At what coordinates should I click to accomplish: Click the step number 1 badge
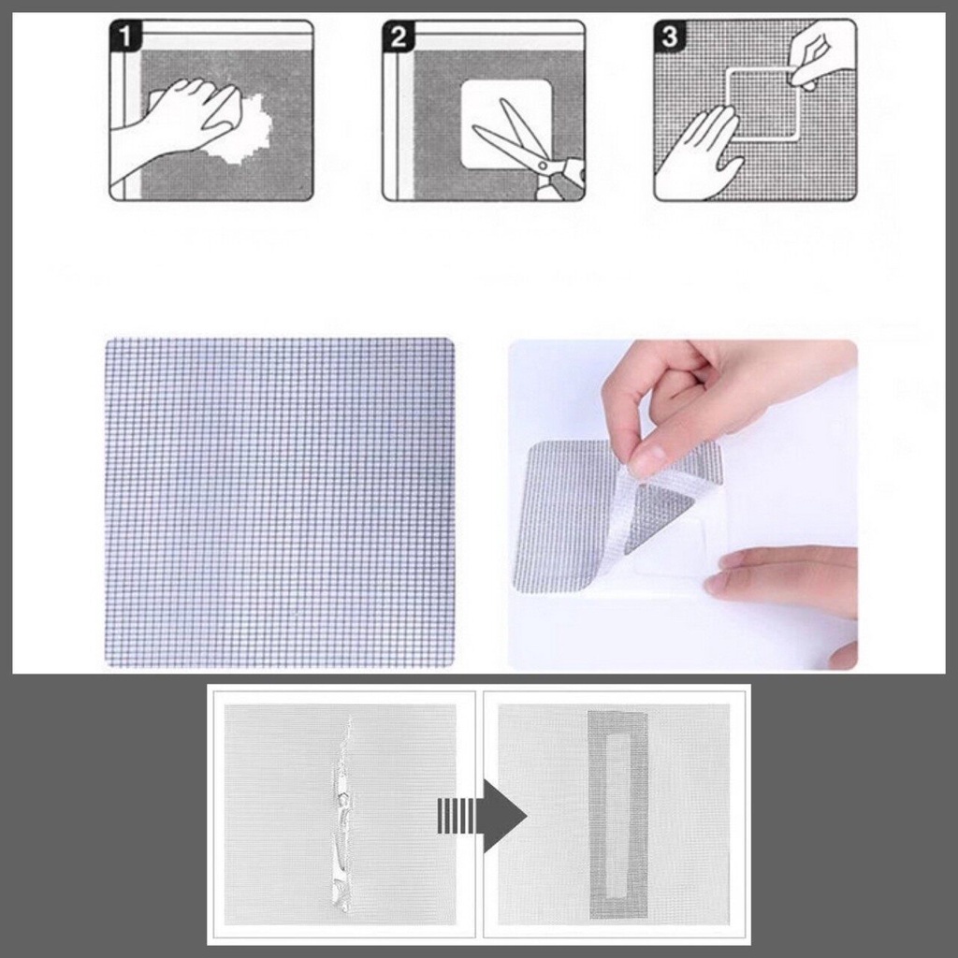[124, 36]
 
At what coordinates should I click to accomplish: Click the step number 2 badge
[398, 36]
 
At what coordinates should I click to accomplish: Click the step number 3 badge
[669, 36]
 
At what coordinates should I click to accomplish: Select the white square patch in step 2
[506, 125]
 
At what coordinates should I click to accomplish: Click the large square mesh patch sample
[281, 502]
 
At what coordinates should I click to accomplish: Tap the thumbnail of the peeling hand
[682, 504]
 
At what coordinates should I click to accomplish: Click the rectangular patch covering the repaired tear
[618, 815]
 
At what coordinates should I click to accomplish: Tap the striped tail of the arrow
[456, 815]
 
